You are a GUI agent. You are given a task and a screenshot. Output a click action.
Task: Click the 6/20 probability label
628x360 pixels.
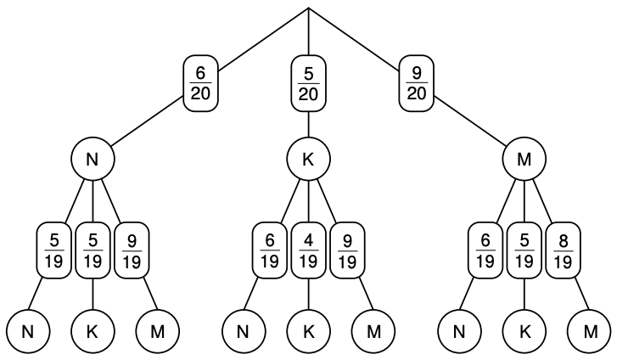point(201,83)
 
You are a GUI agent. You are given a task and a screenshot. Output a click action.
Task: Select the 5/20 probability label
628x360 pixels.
point(308,83)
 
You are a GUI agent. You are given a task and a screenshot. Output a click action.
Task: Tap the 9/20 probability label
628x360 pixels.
point(416,83)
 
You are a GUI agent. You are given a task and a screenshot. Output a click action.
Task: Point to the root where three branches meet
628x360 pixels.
point(308,8)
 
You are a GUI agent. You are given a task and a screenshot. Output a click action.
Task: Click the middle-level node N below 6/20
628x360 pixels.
point(93,159)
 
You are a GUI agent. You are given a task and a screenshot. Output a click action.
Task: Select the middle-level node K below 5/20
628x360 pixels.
point(308,159)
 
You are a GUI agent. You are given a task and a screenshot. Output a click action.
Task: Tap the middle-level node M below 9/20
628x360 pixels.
point(524,159)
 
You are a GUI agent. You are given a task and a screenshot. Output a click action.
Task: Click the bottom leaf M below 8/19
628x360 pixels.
point(590,331)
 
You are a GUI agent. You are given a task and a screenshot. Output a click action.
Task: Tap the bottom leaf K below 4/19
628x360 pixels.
point(308,331)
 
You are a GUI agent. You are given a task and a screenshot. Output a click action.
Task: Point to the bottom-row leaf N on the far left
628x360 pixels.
point(27,331)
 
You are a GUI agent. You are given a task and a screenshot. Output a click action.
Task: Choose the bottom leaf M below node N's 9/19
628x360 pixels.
point(158,331)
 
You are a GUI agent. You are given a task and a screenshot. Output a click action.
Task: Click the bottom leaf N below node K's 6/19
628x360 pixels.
point(244,331)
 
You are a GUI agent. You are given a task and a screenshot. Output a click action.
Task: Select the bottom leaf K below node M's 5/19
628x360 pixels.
point(524,331)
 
